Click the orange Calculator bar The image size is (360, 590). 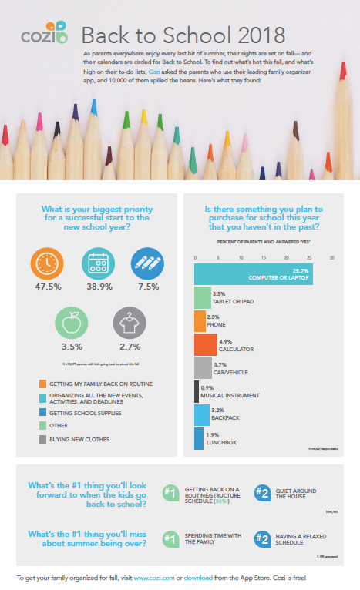tap(206, 344)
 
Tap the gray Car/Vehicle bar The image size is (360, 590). tap(203, 367)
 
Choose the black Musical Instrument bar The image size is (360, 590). tap(197, 391)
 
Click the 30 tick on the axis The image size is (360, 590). tap(332, 257)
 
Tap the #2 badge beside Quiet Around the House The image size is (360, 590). tap(261, 492)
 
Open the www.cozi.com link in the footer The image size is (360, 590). tap(153, 577)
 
